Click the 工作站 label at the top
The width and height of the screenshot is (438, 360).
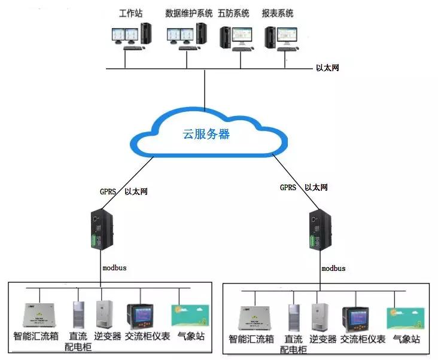pyautogui.click(x=131, y=13)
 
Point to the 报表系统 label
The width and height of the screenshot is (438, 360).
pyautogui.click(x=278, y=13)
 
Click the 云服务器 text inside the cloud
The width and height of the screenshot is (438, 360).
pyautogui.click(x=206, y=134)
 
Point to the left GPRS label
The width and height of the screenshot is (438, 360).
pyautogui.click(x=108, y=192)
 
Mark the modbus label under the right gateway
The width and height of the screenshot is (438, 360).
pyautogui.click(x=333, y=269)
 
